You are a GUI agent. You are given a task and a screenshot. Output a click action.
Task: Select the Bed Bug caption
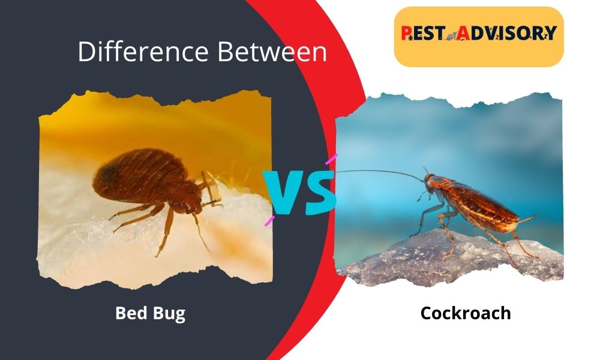[x=150, y=313]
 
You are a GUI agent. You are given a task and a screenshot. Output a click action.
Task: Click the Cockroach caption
[x=466, y=313]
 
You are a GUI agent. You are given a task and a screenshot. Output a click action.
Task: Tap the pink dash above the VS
[x=331, y=159]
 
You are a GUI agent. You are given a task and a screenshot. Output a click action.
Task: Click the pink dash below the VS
[x=270, y=220]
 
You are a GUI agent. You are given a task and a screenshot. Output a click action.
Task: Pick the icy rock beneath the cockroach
[x=456, y=258]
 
